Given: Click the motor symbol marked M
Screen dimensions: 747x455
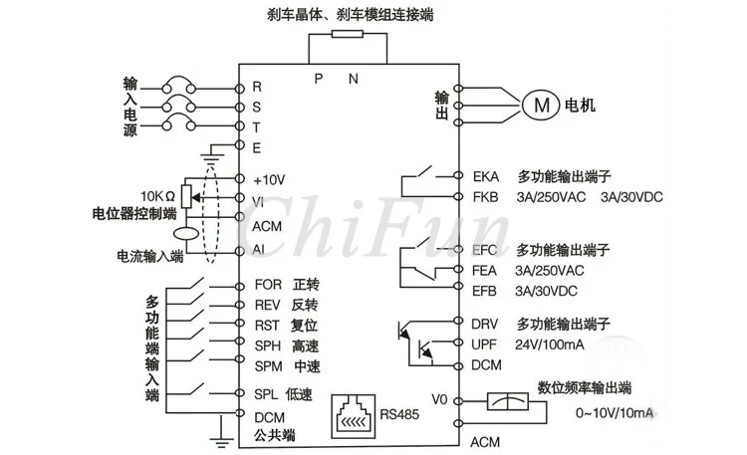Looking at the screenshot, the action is click(541, 105).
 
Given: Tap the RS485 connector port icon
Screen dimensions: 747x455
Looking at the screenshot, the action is click(353, 416).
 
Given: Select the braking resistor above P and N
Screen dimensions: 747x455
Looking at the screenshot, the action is click(348, 34).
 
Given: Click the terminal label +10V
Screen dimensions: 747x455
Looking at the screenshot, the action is click(269, 180).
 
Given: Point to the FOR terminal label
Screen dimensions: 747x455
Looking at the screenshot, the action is click(268, 285).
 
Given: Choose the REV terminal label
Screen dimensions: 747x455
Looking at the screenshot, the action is click(267, 305).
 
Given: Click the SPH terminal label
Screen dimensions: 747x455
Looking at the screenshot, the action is click(267, 345).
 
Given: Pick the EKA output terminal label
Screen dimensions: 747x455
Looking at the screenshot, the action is click(485, 177).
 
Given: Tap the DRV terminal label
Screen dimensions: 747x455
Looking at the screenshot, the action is click(484, 325).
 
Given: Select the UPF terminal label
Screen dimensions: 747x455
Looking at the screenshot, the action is click(484, 344).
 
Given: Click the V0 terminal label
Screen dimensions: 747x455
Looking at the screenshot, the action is click(439, 399).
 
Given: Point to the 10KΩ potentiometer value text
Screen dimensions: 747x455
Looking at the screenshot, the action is click(157, 196).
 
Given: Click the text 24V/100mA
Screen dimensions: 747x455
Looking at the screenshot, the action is click(549, 344).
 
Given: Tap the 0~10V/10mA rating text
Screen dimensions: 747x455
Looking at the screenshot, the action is click(615, 412).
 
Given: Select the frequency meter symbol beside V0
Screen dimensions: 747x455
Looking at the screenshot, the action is click(507, 401).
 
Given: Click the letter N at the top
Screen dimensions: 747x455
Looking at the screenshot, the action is click(353, 79).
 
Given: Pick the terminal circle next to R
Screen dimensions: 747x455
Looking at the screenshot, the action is click(240, 89).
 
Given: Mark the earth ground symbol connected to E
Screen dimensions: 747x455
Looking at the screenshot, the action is click(212, 156).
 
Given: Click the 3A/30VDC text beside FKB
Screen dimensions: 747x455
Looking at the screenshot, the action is click(631, 197).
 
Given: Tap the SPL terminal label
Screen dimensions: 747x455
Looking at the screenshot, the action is click(266, 394).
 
